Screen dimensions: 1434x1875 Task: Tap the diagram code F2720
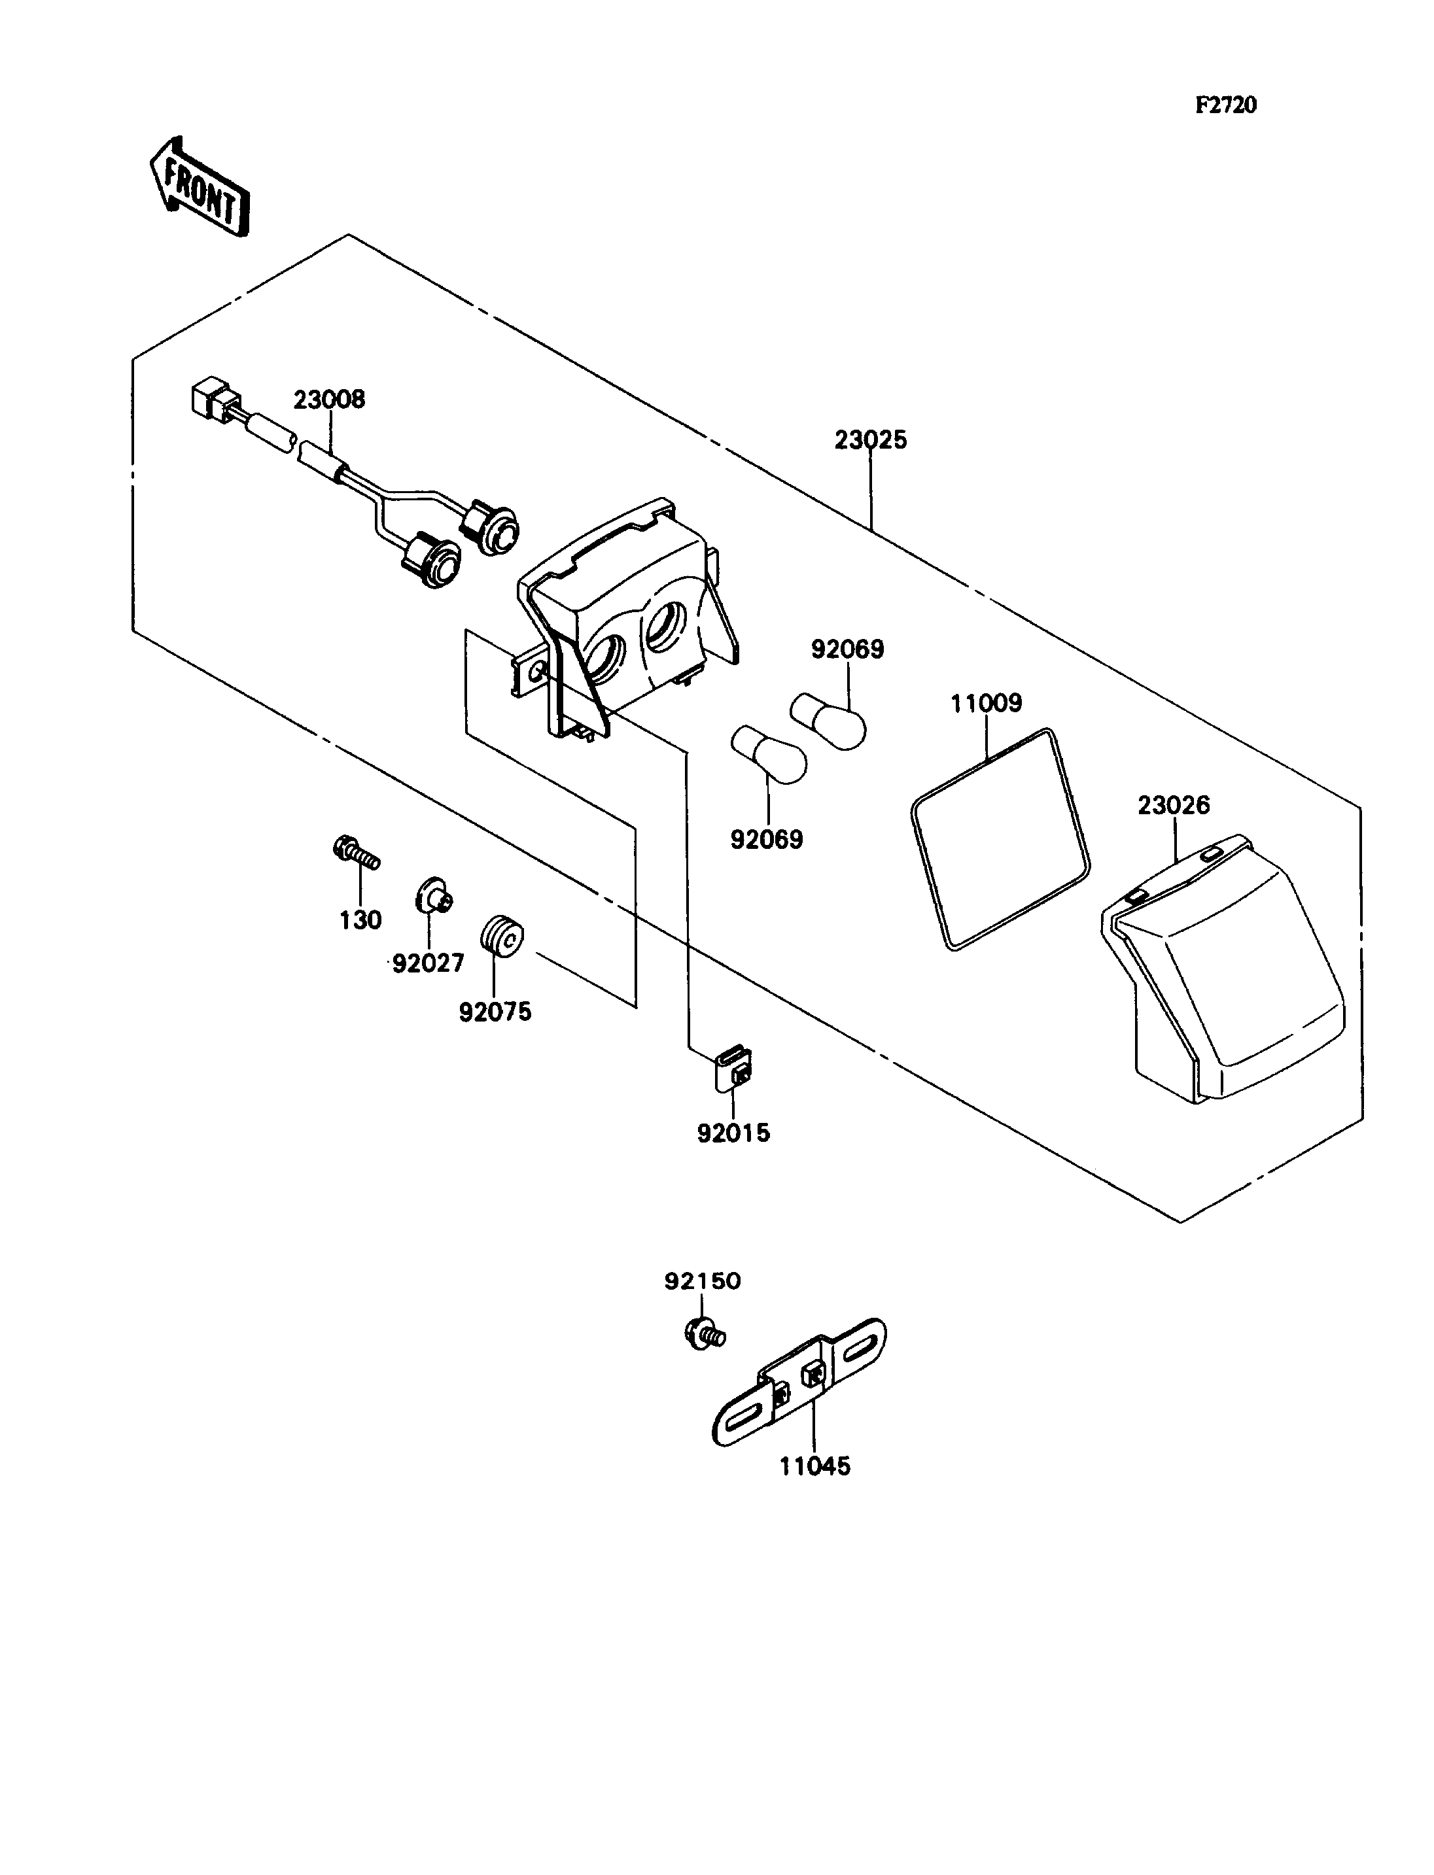[x=1226, y=105]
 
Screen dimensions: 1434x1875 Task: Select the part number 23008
[x=330, y=400]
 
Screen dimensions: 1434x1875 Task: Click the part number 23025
[x=871, y=440]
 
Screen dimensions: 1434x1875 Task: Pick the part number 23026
[x=1174, y=805]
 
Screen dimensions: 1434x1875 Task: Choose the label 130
[x=360, y=920]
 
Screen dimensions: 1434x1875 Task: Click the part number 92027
[x=428, y=963]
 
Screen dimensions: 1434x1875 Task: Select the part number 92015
[x=733, y=1133]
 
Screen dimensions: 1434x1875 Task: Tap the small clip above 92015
[x=733, y=1070]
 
